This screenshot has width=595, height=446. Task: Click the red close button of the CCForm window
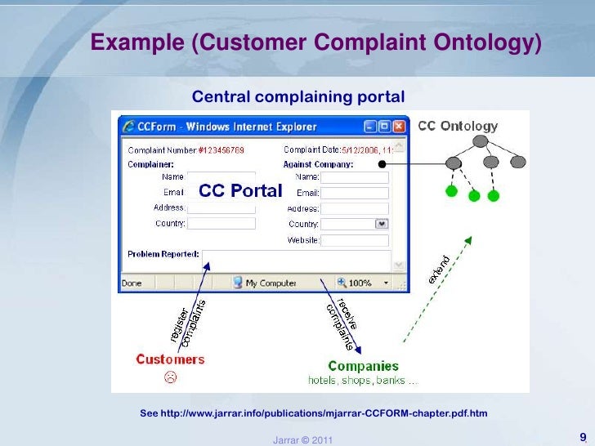pos(399,127)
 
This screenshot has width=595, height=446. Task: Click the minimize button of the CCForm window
pos(370,127)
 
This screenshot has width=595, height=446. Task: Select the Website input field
pos(355,240)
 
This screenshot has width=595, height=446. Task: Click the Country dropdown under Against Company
pos(355,224)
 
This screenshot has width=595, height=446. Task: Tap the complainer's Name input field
pos(221,177)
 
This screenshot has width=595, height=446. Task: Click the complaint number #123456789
pos(221,150)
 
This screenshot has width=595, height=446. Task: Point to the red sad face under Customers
pos(170,377)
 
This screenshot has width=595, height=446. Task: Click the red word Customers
pos(170,359)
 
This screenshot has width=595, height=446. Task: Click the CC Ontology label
pos(458,126)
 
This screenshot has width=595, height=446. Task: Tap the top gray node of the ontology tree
pos(481,141)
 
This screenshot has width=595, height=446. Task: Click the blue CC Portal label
pos(240,190)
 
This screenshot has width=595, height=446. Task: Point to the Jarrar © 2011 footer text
pos(302,440)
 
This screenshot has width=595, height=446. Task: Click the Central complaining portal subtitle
pos(297,98)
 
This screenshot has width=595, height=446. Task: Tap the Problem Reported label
pos(163,254)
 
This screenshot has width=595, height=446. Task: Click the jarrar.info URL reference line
pos(314,413)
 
